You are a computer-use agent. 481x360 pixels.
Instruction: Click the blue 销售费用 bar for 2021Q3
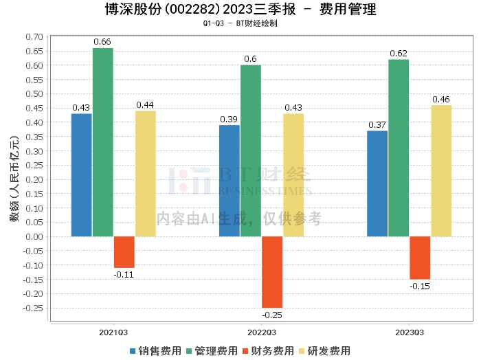(82, 175)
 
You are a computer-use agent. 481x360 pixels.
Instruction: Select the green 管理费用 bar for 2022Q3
(251, 151)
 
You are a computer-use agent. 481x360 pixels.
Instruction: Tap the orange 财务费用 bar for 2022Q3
(272, 272)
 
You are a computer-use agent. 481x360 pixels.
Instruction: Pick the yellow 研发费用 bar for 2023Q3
(441, 171)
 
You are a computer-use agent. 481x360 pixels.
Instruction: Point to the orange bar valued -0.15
(420, 258)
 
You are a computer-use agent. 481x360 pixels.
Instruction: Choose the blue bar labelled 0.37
(377, 183)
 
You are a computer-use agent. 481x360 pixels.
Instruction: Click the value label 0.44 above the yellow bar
(145, 105)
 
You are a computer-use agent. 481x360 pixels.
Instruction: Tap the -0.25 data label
(272, 315)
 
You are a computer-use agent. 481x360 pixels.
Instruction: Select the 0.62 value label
(399, 54)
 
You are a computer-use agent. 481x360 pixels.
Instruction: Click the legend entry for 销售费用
(155, 350)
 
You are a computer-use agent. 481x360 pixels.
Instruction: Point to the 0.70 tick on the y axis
(34, 36)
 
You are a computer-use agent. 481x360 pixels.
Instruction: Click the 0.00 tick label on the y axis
(34, 236)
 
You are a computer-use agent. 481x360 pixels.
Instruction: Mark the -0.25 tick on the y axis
(32, 308)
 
